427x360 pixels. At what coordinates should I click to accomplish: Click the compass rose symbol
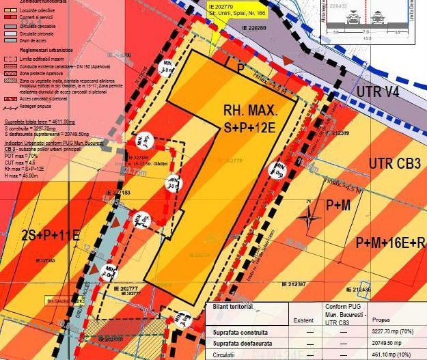click(310, 220)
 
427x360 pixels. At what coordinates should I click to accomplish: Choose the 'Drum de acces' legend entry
click(34, 40)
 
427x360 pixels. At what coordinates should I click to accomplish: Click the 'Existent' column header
click(303, 318)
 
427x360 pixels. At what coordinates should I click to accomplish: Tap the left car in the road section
click(342, 20)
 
